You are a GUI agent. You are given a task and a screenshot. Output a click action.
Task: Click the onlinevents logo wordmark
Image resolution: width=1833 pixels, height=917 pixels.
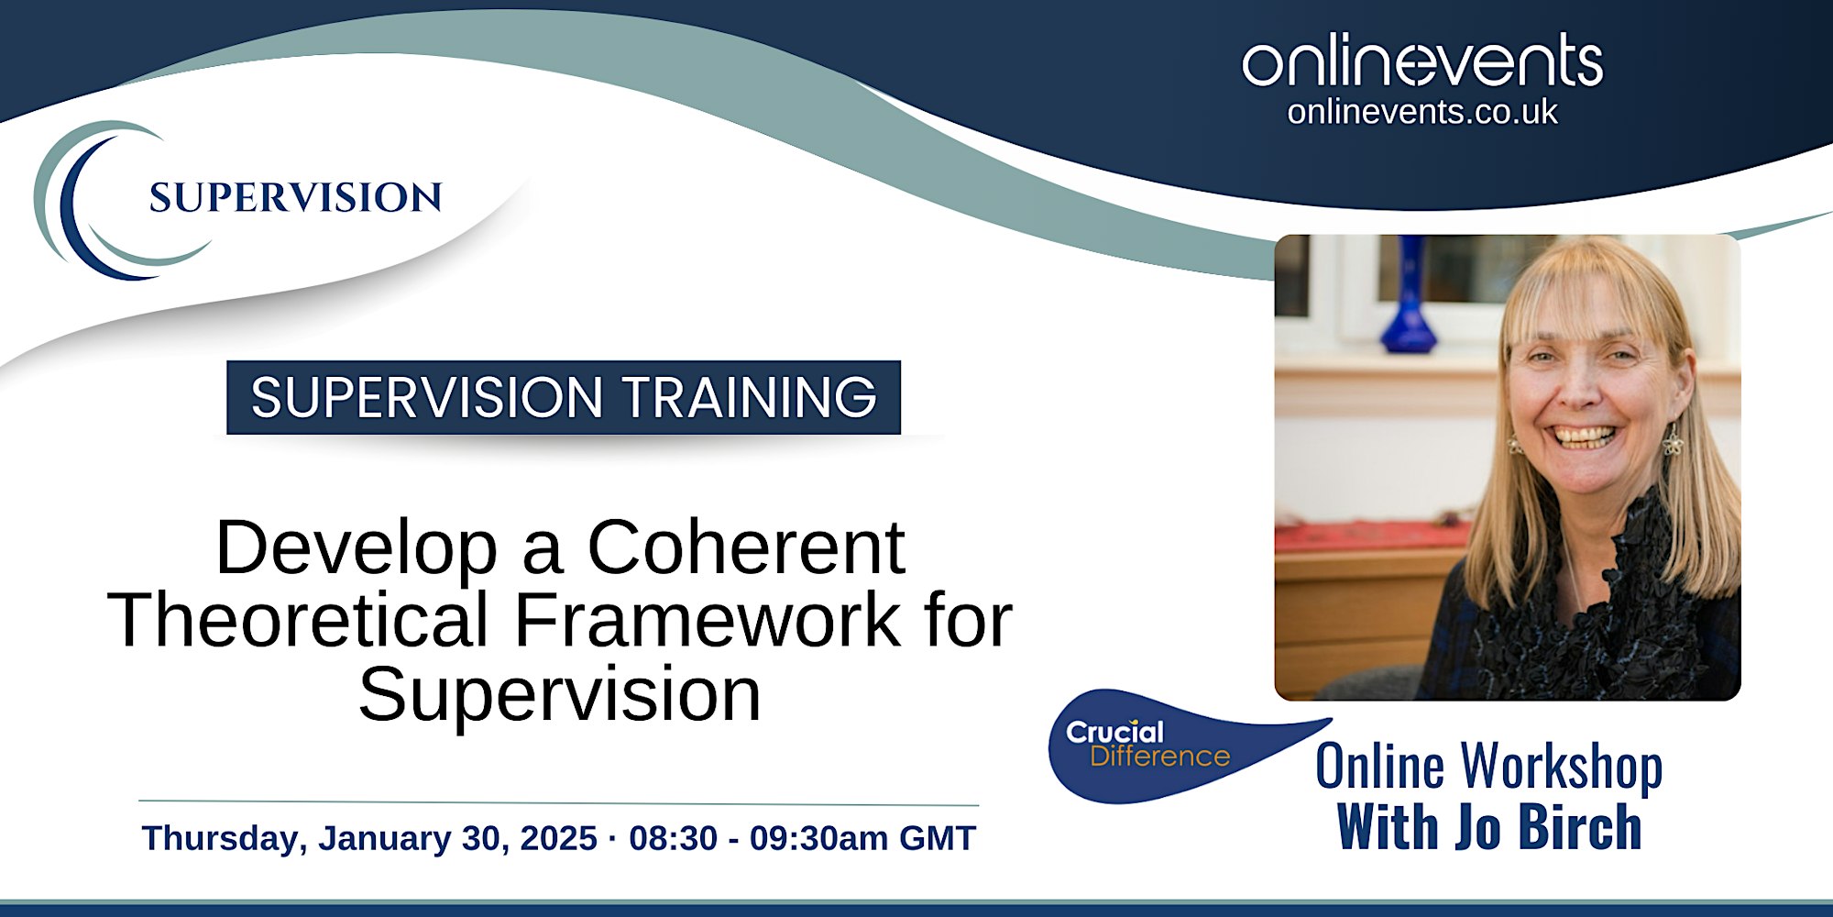tap(1422, 61)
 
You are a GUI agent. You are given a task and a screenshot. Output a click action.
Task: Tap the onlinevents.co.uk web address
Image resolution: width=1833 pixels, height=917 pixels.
tap(1422, 112)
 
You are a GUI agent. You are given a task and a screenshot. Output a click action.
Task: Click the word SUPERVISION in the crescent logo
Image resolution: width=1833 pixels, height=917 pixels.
tap(295, 198)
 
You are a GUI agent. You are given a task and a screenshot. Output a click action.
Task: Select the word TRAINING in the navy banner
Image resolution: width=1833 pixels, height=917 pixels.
tap(750, 397)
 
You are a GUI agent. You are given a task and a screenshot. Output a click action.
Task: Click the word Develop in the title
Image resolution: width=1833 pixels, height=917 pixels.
tap(357, 547)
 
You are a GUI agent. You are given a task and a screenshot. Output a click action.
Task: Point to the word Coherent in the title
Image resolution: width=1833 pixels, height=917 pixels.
tap(746, 547)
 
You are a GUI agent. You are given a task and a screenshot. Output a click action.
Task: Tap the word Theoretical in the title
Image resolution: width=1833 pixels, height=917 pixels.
tap(299, 620)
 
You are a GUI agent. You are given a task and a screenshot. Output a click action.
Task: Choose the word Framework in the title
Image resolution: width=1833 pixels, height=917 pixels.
tap(708, 620)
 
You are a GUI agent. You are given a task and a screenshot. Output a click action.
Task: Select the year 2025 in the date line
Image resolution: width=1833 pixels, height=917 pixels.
tap(558, 838)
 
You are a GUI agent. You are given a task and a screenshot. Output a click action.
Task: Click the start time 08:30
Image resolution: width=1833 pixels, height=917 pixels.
tap(673, 838)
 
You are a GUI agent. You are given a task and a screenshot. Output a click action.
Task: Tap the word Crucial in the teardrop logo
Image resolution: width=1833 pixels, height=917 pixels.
tap(1114, 732)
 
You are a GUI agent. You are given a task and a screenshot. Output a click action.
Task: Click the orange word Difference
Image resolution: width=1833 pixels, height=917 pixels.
tap(1159, 757)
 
